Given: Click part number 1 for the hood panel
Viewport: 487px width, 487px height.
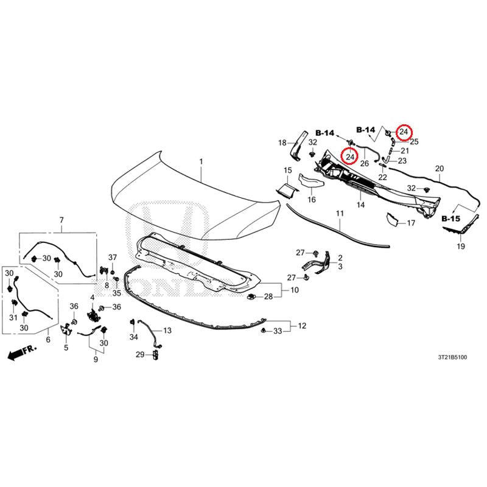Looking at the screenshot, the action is (201, 162).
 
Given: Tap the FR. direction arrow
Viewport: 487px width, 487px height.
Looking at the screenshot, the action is (22, 352).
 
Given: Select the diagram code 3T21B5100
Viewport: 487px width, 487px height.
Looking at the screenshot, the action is (452, 357).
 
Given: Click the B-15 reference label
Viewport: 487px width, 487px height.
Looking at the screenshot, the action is (450, 219).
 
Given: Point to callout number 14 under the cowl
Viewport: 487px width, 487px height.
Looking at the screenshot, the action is (360, 205).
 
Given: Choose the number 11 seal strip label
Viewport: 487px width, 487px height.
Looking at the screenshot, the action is (340, 214).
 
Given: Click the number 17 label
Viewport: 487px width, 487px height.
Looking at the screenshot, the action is (411, 223).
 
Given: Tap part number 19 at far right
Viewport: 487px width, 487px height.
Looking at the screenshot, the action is (461, 247).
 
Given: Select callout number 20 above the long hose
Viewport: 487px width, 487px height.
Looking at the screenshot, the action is (440, 169).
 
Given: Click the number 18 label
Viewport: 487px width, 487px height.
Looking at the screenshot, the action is (282, 143).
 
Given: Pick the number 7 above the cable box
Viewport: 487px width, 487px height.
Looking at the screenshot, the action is (61, 220).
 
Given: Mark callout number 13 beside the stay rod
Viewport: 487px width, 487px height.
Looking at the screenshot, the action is (167, 331).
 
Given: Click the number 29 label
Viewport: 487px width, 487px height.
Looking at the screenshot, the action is (140, 354).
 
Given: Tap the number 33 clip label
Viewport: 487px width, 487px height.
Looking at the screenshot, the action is (278, 331).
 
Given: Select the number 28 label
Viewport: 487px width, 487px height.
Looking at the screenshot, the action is (268, 296).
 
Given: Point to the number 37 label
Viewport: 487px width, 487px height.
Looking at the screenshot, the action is (113, 257).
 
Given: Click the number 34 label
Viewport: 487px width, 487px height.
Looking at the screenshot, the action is (133, 337).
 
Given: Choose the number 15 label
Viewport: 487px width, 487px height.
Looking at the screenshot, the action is (288, 170).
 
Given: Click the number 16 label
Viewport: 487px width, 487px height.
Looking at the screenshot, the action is (312, 200).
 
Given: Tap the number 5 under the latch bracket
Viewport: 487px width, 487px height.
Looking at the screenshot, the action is (66, 348).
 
